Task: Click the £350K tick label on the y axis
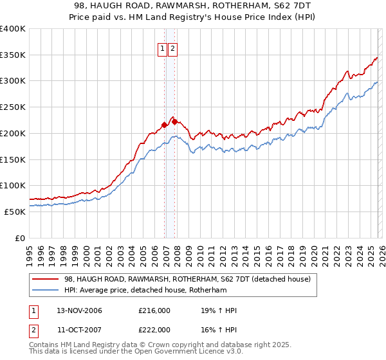pyautogui.click(x=13, y=55)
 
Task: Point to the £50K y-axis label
pyautogui.click(x=15, y=212)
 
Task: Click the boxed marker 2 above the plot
pyautogui.click(x=173, y=48)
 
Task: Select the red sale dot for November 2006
pyautogui.click(x=164, y=125)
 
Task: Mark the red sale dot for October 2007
pyautogui.click(x=174, y=122)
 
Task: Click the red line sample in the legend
pyautogui.click(x=45, y=279)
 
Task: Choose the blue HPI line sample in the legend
pyautogui.click(x=45, y=290)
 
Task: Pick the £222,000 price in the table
pyautogui.click(x=154, y=329)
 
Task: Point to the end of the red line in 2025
pyautogui.click(x=377, y=58)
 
